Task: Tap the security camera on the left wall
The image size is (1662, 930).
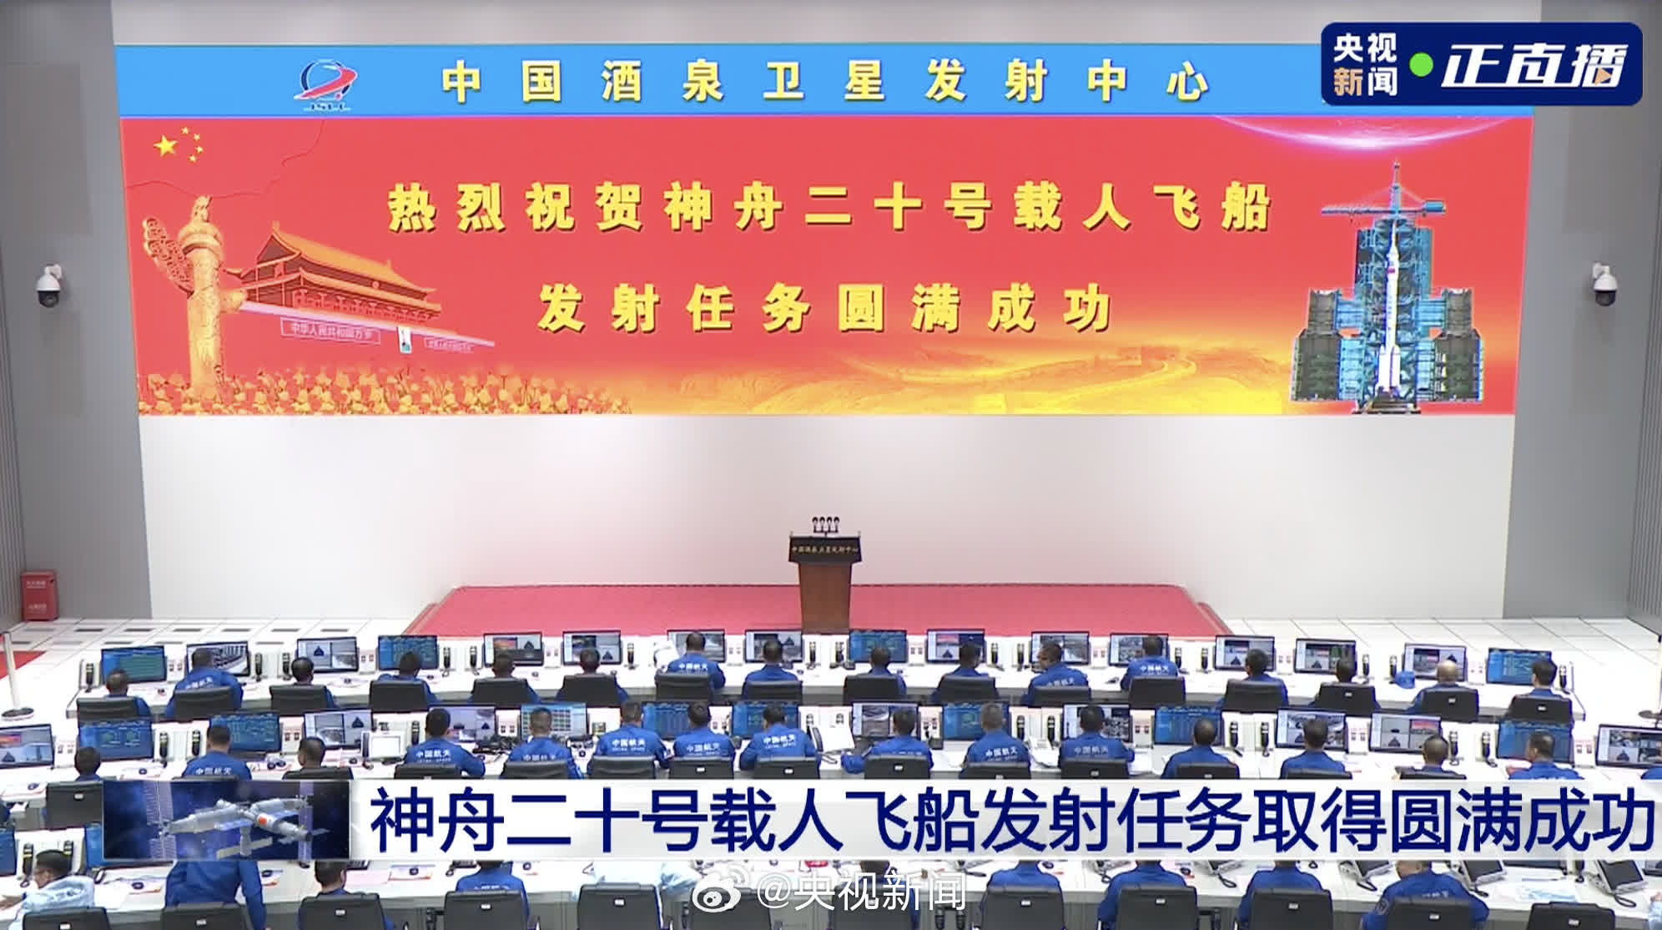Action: pyautogui.click(x=48, y=286)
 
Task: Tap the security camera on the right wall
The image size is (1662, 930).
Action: pyautogui.click(x=1602, y=286)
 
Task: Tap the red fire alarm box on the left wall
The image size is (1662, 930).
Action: pyautogui.click(x=38, y=594)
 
